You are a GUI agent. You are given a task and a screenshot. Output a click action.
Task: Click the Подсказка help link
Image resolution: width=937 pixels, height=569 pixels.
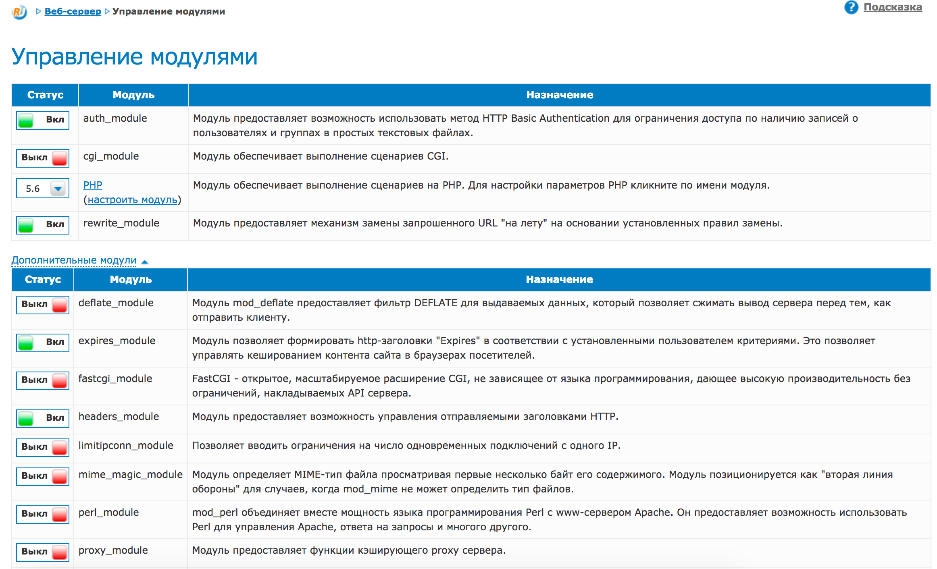892,7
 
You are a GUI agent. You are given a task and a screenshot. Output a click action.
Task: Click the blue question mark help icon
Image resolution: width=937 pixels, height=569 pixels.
851,7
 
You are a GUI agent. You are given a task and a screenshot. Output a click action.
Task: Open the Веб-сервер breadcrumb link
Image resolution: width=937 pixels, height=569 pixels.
73,11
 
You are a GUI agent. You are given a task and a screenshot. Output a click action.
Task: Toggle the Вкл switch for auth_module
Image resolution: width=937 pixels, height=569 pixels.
43,120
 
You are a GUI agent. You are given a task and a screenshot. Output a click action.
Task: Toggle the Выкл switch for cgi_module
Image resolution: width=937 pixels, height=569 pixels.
43,158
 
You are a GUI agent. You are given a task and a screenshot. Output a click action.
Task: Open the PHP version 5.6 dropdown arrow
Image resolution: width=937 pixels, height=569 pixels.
58,188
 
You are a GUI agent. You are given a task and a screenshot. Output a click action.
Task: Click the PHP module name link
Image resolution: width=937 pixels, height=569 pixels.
93,185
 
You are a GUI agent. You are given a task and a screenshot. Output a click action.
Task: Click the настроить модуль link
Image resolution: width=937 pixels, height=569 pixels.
132,199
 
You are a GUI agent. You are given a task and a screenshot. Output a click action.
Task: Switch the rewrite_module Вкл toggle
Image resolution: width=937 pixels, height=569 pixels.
43,224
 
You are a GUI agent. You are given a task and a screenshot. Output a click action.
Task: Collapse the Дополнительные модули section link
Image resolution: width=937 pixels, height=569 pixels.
74,260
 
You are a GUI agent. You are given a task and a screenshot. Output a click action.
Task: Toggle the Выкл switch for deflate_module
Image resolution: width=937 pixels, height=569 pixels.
43,304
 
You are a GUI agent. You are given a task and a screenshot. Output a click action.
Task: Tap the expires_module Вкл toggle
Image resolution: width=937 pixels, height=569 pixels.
43,342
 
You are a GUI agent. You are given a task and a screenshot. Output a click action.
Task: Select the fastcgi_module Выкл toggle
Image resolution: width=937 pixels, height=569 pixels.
43,380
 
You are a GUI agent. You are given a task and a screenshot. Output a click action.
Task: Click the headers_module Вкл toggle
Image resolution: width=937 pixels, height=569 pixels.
43,418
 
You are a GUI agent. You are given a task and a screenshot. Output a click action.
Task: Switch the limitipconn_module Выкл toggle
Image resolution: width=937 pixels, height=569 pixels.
43,447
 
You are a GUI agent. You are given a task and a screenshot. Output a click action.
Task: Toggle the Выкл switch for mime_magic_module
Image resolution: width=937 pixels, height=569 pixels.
43,476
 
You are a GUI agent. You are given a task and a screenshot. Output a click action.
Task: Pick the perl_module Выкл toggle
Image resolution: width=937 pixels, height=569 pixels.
43,514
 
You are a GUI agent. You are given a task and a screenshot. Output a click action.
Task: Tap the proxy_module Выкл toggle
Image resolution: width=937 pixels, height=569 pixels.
43,552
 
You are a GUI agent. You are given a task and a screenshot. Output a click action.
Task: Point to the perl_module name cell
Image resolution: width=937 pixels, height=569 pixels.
109,513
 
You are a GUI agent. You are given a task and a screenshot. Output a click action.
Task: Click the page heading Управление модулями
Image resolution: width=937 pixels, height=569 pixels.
134,56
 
